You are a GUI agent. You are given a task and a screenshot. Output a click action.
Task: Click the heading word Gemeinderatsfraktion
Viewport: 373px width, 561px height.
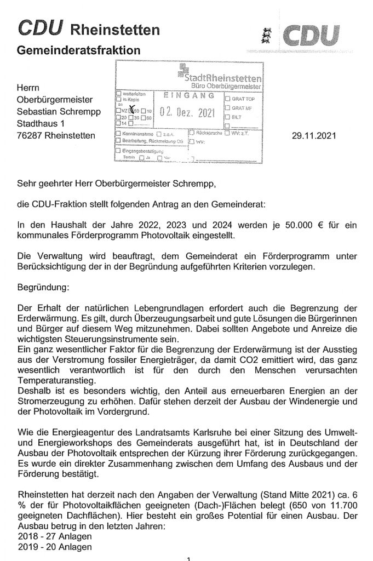(x=79, y=50)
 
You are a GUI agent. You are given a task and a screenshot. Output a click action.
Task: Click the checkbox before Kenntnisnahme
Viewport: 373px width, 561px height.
(x=118, y=134)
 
